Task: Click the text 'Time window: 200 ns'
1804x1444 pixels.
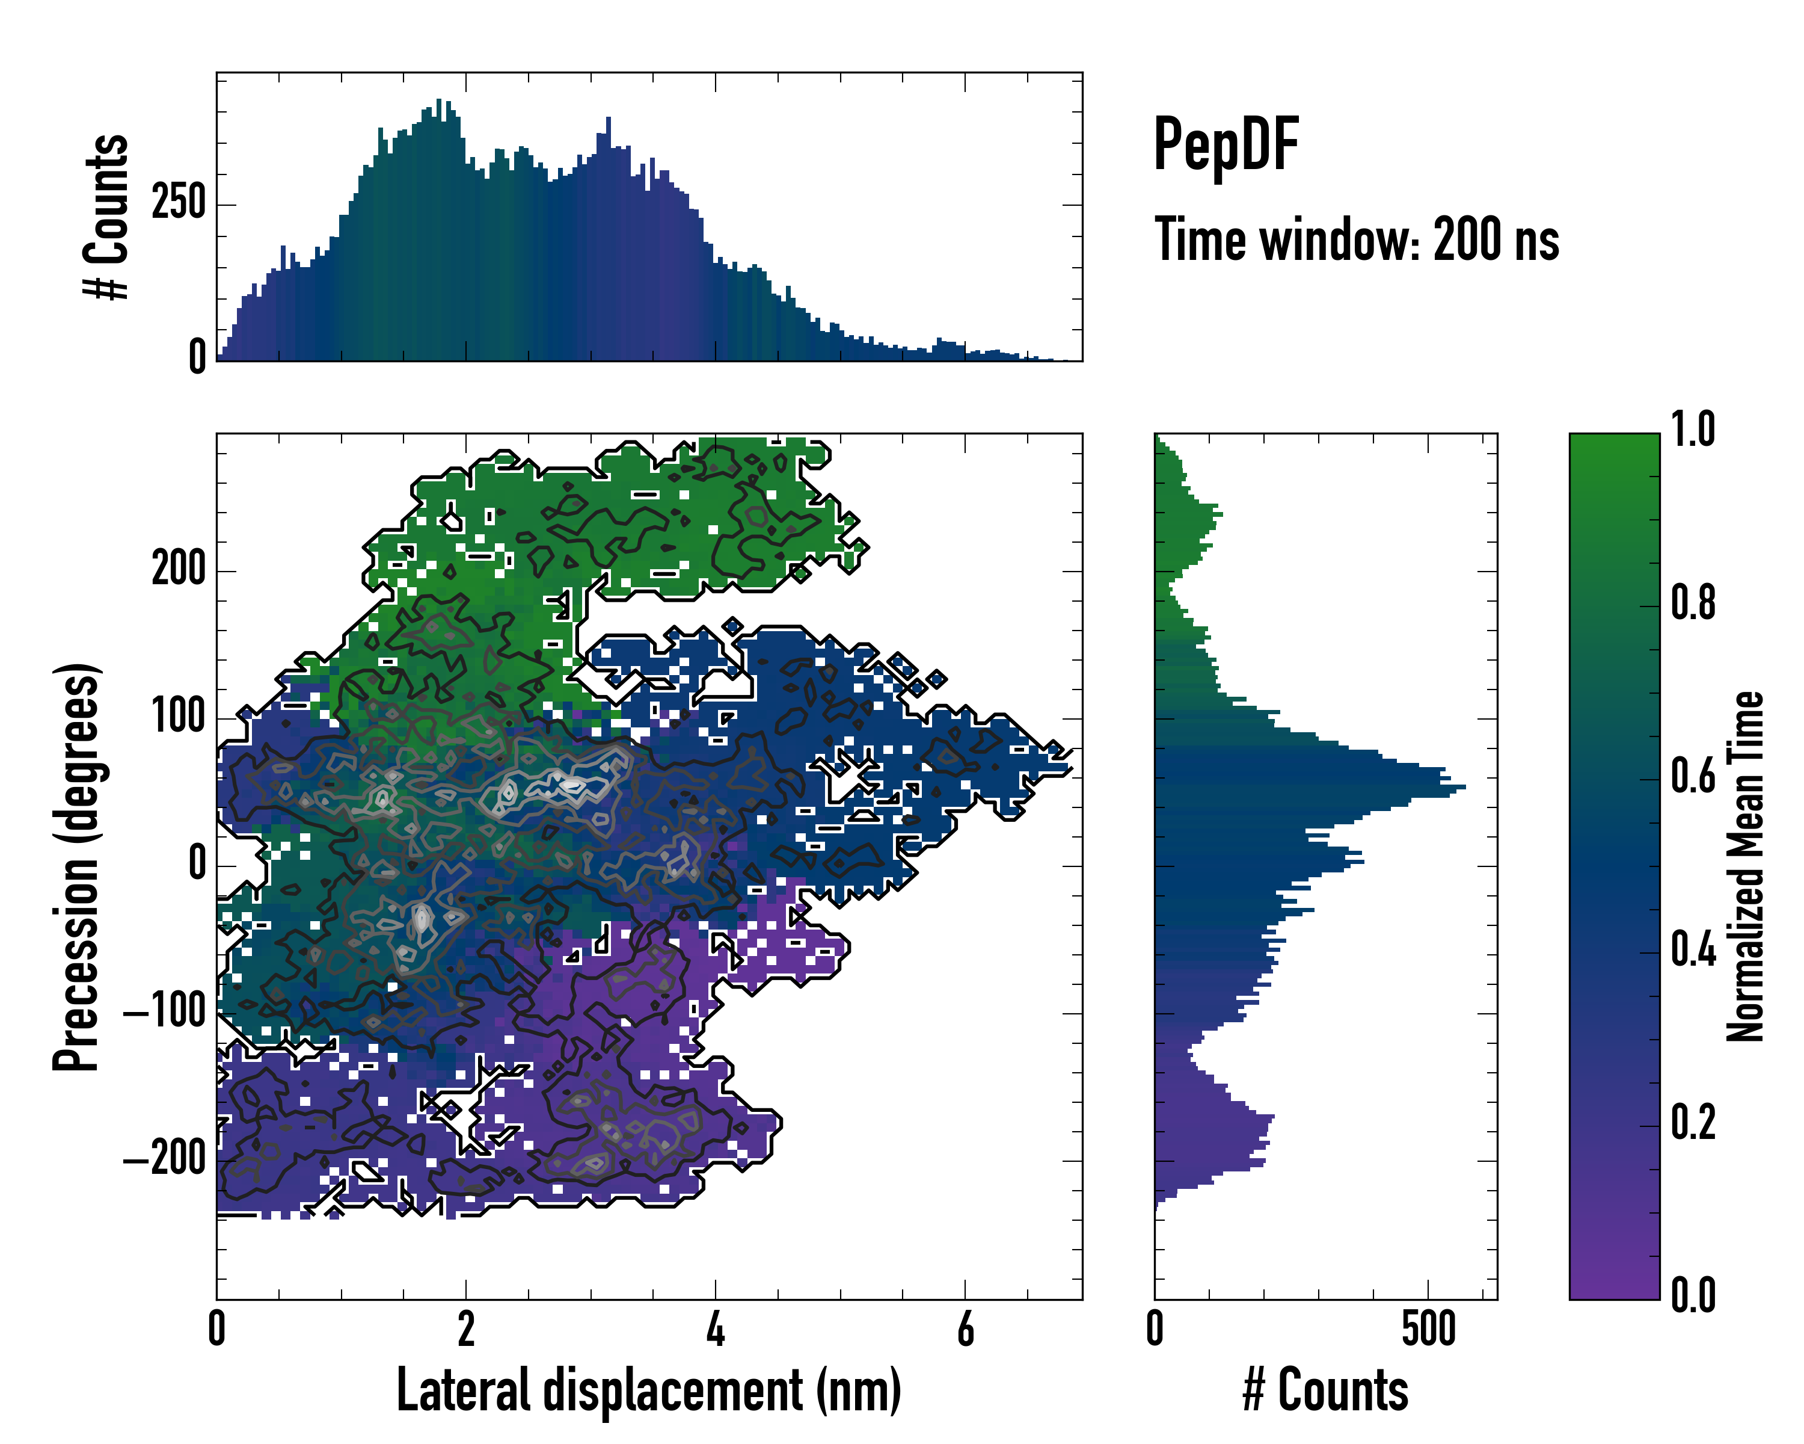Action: coord(1357,239)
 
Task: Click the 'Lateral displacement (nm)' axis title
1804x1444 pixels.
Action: coord(648,1390)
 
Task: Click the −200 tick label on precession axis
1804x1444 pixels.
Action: coord(165,1160)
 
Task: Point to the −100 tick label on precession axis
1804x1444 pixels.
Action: coord(165,1013)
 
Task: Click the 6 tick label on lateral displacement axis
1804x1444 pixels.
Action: coord(965,1329)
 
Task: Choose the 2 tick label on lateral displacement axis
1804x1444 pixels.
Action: coord(465,1329)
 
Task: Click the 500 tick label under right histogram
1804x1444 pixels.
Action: coord(1428,1329)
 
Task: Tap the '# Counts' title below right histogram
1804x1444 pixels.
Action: coord(1325,1390)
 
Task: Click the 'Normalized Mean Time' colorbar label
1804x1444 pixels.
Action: coord(1746,866)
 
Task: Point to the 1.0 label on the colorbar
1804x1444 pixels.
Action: coord(1693,430)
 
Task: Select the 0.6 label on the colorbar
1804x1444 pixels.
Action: coord(1693,777)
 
